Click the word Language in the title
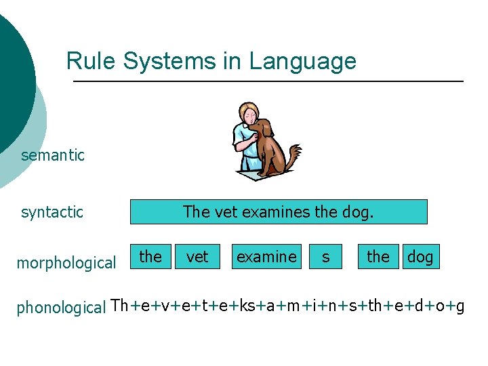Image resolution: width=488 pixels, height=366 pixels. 302,62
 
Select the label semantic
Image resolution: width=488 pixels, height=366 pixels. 53,155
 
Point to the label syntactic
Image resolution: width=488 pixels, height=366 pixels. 52,212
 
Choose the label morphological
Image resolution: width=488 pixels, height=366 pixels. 66,263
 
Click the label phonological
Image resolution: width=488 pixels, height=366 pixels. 61,307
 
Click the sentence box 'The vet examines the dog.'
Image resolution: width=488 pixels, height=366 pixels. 279,212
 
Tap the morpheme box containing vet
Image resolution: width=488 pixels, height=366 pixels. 197,257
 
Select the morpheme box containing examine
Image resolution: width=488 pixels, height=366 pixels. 266,257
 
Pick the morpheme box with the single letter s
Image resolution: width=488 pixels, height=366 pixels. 326,257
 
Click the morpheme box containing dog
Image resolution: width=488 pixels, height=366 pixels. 420,257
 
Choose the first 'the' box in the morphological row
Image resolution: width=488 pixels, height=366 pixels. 150,257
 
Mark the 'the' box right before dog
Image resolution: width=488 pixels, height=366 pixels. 378,257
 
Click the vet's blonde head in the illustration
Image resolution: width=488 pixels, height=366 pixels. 247,112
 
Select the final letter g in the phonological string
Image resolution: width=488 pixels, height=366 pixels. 460,307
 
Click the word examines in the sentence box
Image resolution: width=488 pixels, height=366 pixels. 277,212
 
